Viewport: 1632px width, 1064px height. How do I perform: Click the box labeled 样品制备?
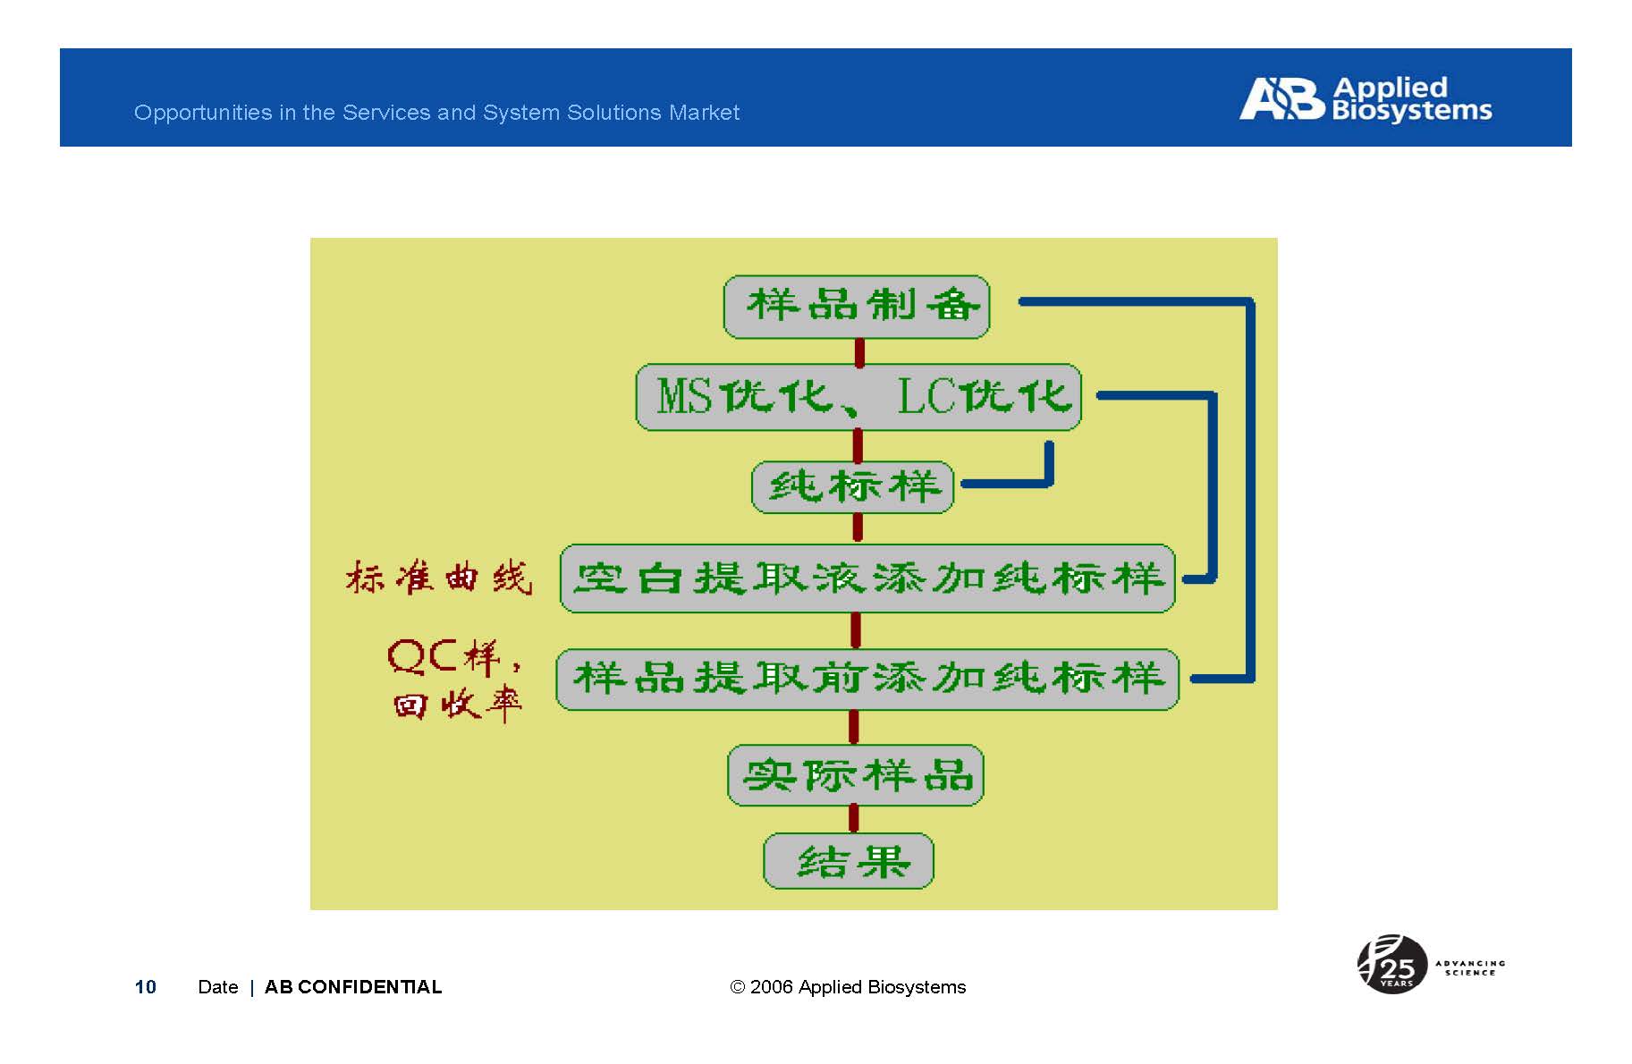(x=857, y=307)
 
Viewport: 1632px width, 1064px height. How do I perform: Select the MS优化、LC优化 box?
(x=858, y=397)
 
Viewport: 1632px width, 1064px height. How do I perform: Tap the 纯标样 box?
(x=853, y=487)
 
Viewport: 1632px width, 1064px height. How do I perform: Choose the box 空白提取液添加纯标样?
(x=867, y=578)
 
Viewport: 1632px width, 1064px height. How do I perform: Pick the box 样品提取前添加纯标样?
(x=867, y=680)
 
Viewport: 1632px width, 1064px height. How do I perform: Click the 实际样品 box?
(x=856, y=775)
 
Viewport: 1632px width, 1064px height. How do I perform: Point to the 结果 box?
(x=849, y=861)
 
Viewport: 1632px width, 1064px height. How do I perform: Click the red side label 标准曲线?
(x=439, y=578)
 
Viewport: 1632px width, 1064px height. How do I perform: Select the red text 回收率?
(x=457, y=705)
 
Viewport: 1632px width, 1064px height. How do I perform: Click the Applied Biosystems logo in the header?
(x=1366, y=98)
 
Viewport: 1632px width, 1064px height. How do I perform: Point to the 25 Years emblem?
(x=1391, y=965)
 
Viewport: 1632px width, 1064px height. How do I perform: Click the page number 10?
(x=146, y=987)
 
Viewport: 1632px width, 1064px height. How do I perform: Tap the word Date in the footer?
(x=218, y=987)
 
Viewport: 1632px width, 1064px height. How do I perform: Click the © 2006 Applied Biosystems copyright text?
(x=848, y=987)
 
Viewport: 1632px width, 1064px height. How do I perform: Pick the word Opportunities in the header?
(x=203, y=114)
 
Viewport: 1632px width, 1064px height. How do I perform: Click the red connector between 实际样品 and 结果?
(x=853, y=819)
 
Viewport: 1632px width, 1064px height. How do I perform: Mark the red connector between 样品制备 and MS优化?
(x=859, y=352)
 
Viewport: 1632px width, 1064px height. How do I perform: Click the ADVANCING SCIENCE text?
(x=1470, y=967)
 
